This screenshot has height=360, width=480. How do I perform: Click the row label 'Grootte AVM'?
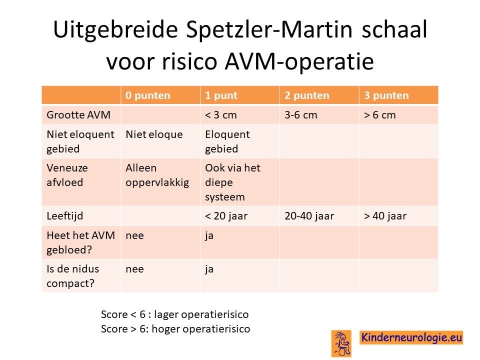78,115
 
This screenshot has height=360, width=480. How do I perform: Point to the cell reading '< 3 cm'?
220,115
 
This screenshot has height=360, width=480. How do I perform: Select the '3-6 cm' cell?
301,115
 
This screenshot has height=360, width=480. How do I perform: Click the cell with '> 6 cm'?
380,115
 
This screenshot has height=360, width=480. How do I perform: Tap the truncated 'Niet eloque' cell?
154,134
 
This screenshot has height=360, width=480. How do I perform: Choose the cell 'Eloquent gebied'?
227,141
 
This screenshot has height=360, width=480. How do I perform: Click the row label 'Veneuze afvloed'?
67,175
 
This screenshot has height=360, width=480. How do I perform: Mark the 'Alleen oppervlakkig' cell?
157,175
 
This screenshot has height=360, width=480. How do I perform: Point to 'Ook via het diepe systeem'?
232,182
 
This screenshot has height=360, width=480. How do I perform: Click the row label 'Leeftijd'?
65,216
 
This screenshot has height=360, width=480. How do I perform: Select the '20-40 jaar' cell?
309,216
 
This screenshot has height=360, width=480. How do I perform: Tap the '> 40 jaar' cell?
385,216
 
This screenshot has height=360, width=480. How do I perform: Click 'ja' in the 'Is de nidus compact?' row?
209,269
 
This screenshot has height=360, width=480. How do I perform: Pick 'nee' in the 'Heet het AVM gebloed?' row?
134,235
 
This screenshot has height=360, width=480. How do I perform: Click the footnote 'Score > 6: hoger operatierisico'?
175,329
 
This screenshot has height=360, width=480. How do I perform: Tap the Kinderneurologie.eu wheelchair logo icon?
341,343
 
